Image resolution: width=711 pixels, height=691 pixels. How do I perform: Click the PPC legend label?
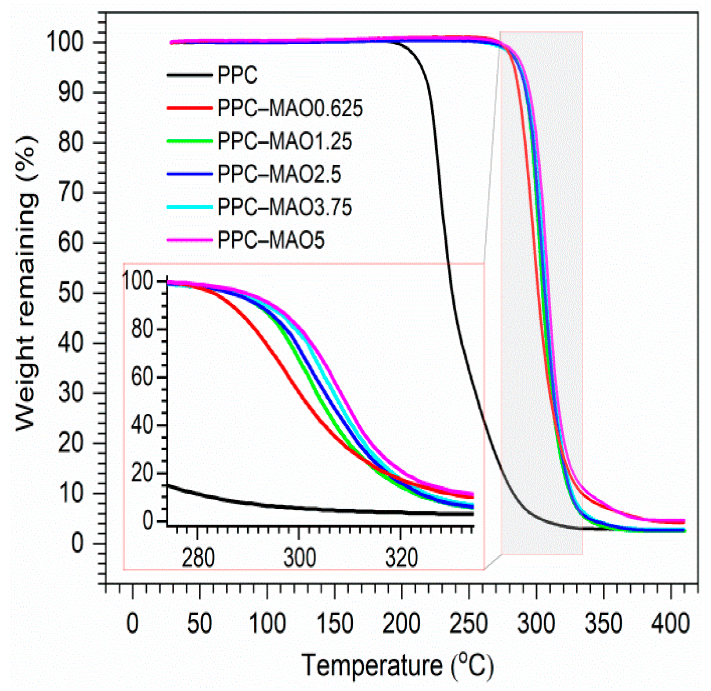pyautogui.click(x=237, y=75)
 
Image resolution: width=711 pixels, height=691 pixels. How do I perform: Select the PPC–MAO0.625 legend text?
pyautogui.click(x=290, y=108)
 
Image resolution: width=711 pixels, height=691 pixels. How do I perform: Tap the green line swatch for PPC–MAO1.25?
pyautogui.click(x=189, y=141)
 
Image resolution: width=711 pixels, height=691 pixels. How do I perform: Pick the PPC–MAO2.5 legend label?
pyautogui.click(x=279, y=174)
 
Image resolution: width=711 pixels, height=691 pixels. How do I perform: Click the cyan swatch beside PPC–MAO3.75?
pyautogui.click(x=189, y=207)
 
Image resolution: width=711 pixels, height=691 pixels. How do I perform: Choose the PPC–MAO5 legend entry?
pyautogui.click(x=271, y=240)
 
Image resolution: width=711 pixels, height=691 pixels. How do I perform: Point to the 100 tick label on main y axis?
pyautogui.click(x=65, y=42)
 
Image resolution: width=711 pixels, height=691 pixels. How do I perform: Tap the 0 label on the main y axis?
pyautogui.click(x=78, y=543)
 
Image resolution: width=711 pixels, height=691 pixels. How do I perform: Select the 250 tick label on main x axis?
pyautogui.click(x=468, y=623)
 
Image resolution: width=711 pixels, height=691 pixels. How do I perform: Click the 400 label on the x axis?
pyautogui.click(x=670, y=623)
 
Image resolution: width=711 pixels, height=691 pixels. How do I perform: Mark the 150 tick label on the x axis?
pyautogui.click(x=334, y=623)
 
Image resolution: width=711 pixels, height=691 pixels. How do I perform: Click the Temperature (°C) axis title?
pyautogui.click(x=397, y=665)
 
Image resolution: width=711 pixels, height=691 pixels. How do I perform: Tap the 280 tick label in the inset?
pyautogui.click(x=198, y=558)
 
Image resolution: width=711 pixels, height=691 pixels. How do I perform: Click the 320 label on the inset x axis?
pyautogui.click(x=401, y=558)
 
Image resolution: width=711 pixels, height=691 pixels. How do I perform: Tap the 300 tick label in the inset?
pyautogui.click(x=299, y=558)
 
